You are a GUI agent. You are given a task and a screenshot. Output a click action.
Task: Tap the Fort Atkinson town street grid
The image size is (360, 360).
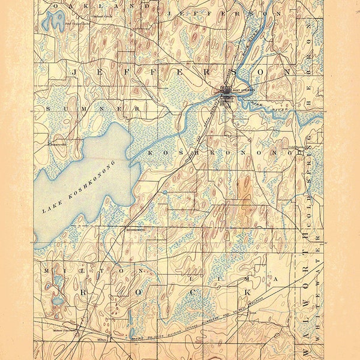pos(227,96)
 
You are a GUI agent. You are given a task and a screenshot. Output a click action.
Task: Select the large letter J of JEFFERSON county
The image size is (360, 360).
pos(74,71)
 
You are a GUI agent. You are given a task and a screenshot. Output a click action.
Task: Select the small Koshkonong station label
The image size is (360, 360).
pos(132,229)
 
